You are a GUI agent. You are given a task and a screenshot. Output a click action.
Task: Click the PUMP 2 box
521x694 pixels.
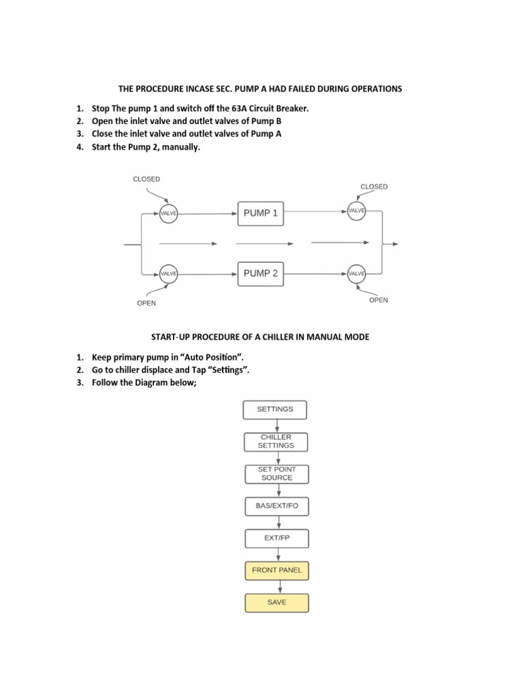coord(260,274)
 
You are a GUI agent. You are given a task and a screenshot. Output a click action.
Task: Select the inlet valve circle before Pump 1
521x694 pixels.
coord(168,213)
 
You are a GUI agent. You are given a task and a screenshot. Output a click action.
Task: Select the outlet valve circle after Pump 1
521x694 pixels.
coord(356,211)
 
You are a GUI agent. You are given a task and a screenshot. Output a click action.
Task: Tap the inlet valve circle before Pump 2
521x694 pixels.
coord(168,274)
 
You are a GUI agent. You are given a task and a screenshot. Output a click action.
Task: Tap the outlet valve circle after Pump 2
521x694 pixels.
coord(356,274)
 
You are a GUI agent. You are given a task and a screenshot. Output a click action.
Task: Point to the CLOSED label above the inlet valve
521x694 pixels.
coord(146,180)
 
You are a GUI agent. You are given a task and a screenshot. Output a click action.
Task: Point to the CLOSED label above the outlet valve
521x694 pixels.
coord(374,186)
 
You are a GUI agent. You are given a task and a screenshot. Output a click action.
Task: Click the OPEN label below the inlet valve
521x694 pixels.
coord(146,303)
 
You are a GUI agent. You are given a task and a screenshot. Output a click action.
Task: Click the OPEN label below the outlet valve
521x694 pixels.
coord(379,300)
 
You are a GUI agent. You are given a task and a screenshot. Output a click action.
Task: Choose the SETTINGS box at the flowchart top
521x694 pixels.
coord(275,409)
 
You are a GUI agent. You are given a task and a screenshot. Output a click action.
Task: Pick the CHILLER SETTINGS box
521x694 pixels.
coord(275,442)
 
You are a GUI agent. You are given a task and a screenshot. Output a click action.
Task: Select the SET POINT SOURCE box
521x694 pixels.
coord(275,473)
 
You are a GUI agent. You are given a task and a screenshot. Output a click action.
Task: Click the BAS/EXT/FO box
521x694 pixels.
coord(275,506)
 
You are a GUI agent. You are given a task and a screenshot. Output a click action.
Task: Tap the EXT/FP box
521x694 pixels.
coord(275,538)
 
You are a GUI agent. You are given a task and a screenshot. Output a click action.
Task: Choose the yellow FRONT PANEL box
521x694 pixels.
coord(276,571)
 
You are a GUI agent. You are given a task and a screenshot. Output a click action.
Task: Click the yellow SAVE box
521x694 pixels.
coord(276,602)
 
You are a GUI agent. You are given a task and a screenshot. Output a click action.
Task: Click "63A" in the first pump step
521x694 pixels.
coord(243,108)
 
